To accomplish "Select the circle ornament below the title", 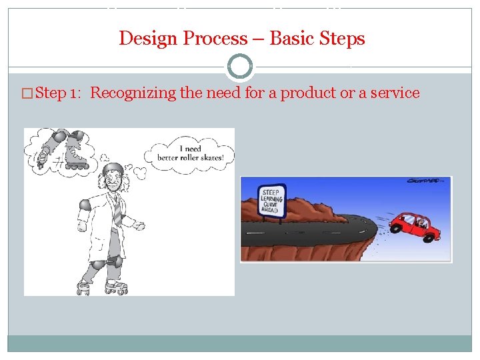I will pyautogui.click(x=240, y=67).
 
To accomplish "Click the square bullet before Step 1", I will pyautogui.click(x=27, y=93).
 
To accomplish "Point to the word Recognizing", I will pyautogui.click(x=133, y=93).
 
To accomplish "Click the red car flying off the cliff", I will pyautogui.click(x=417, y=227).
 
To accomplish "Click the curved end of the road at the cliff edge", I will pyautogui.click(x=373, y=230).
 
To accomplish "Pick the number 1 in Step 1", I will pyautogui.click(x=73, y=93).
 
